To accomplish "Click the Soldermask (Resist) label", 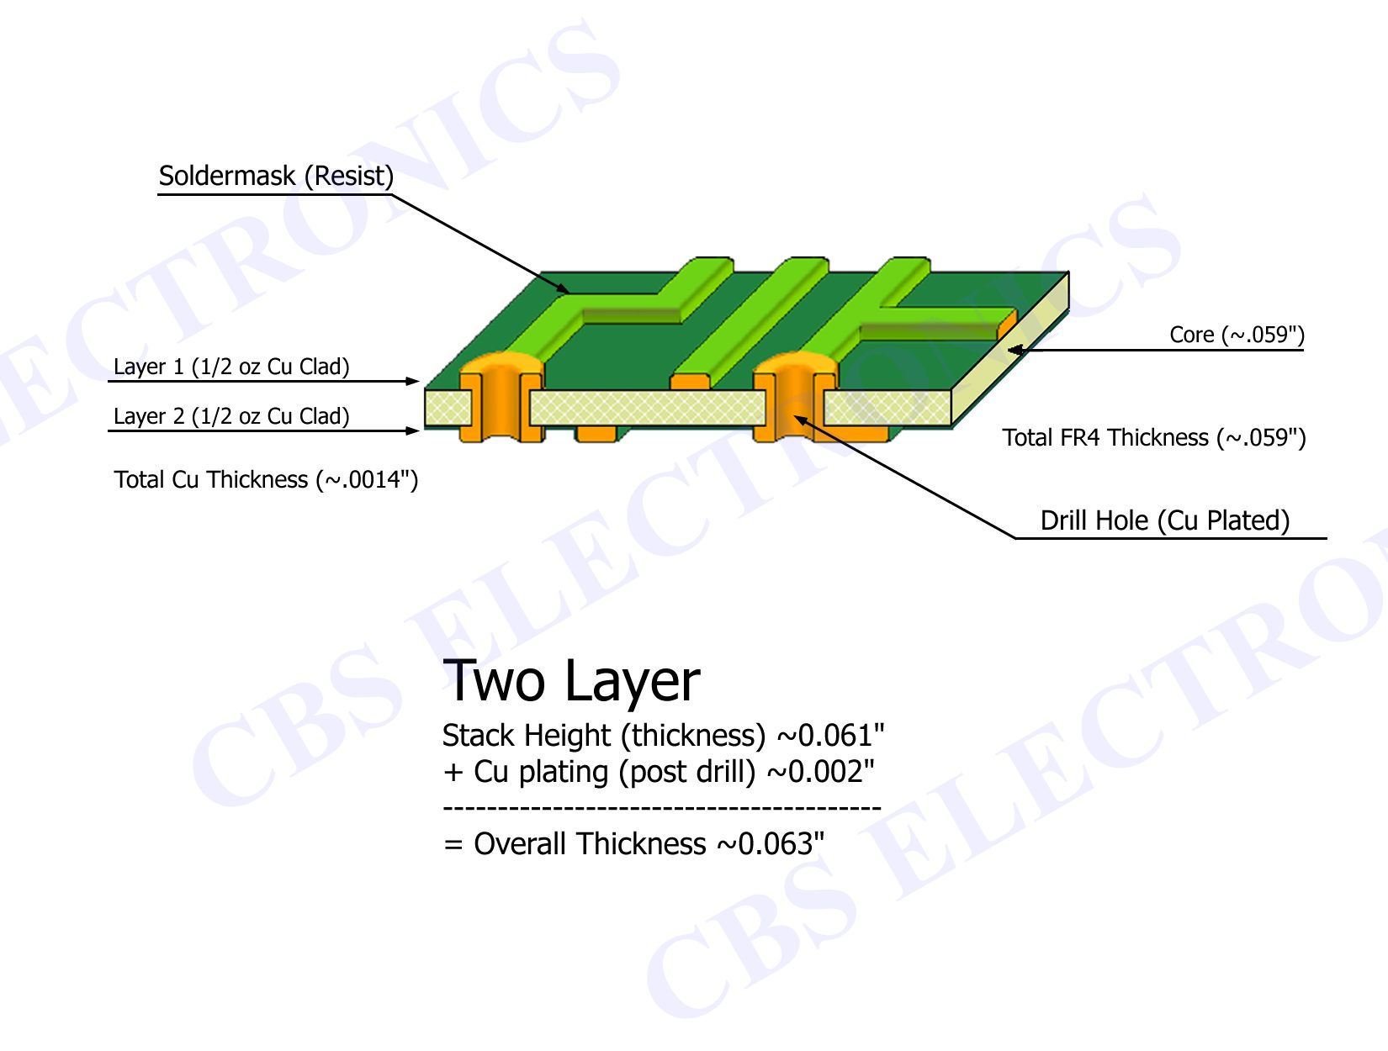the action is coord(276,176).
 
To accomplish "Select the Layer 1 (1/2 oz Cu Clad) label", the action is coord(230,367).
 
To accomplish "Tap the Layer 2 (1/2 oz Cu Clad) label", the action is coord(230,416).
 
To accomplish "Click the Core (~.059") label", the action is coord(1237,335).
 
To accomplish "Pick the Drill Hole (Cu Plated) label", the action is coord(1165,520).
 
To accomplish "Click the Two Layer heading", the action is coord(571,681).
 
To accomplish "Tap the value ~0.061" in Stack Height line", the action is coord(830,735).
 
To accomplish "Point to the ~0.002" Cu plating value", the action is coord(820,772).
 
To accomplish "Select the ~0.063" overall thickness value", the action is coord(771,843).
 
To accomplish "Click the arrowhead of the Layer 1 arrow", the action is coord(414,381).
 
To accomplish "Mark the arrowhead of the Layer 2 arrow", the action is coord(414,430).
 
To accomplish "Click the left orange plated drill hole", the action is coord(501,399).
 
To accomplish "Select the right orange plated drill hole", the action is coord(795,399).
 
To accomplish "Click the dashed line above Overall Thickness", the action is coord(661,808).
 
